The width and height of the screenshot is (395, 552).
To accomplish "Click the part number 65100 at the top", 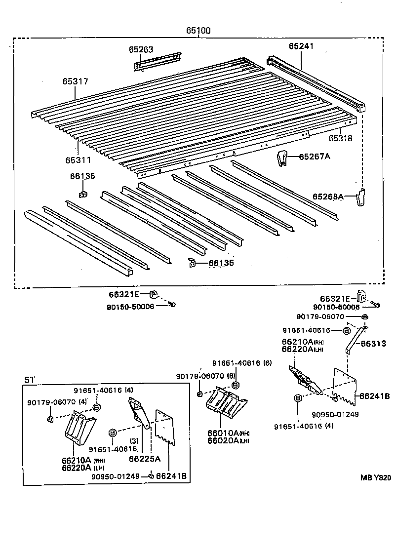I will pos(198,31).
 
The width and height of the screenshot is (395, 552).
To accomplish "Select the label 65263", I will pos(141,49).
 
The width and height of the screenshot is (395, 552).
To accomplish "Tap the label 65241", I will pos(301,46).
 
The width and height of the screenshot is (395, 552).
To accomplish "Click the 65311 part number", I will pos(78,160).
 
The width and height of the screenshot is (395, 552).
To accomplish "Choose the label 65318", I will pos(341,139).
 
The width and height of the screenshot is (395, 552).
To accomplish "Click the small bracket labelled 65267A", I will pos(281,158).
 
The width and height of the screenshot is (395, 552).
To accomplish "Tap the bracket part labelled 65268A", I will pos(361,198).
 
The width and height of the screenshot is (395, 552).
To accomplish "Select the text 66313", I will pos(373,344).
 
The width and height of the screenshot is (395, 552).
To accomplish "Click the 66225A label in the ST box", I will pos(144,459).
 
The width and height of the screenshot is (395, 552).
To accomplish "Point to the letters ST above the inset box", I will pos(30,380).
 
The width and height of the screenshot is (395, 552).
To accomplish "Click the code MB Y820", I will pos(375,477).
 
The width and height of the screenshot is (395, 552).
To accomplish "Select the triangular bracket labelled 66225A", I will pos(138,413).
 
